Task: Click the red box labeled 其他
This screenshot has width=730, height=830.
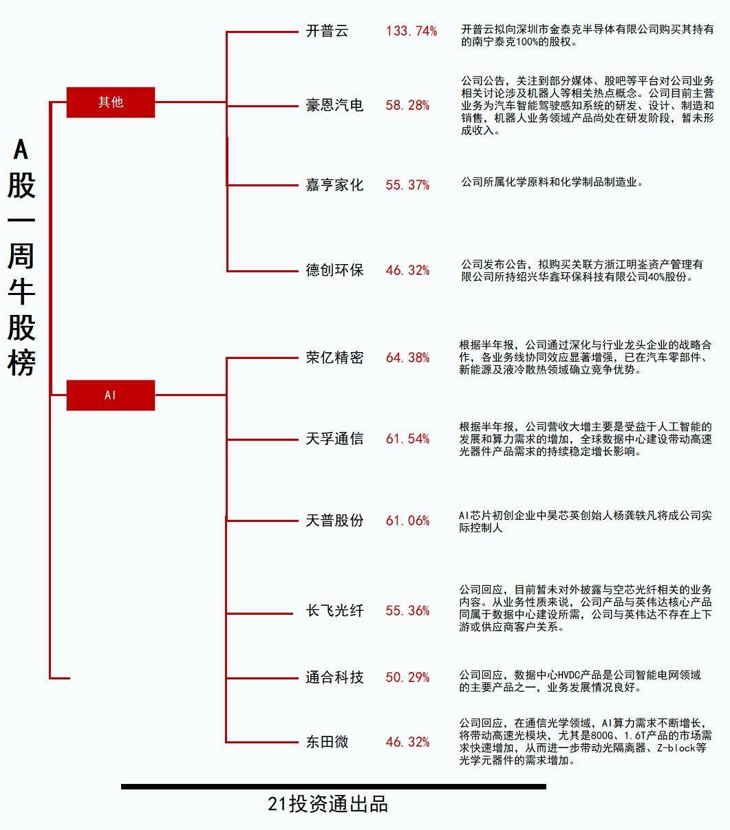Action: [x=111, y=102]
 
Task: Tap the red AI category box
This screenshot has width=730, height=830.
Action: [x=111, y=395]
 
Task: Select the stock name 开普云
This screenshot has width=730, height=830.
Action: [x=327, y=31]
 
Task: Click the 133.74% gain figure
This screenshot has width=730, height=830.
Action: [x=411, y=31]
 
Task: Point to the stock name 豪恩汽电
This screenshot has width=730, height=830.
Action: [x=334, y=105]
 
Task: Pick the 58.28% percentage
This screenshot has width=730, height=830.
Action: [x=407, y=105]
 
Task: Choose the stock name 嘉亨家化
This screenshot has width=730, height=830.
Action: [x=334, y=185]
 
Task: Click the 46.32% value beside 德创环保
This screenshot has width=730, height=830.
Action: [x=407, y=270]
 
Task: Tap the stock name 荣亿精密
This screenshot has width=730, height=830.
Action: [x=334, y=357]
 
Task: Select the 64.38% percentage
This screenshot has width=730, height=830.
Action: [x=407, y=358]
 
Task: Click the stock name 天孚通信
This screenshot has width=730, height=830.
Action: [x=334, y=438]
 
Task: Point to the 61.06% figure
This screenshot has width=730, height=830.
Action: [x=407, y=521]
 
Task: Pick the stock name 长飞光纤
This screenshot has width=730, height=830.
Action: [x=334, y=611]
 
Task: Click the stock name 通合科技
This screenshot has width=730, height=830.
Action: [x=334, y=677]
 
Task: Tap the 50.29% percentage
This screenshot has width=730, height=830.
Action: [x=407, y=677]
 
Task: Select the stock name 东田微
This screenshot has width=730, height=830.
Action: [x=327, y=741]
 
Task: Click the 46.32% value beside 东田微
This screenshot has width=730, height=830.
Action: [x=407, y=742]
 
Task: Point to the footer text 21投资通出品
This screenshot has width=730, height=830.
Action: [x=328, y=804]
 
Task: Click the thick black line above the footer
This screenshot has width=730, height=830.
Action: [x=334, y=787]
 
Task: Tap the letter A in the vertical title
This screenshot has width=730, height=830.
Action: [x=21, y=149]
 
